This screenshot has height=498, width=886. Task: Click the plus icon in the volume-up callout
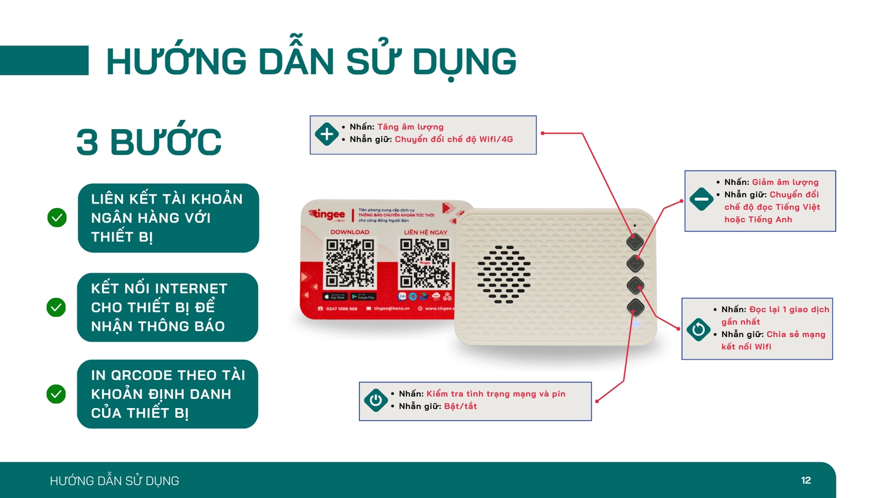coord(326,134)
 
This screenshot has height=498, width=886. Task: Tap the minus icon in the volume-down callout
coord(701,199)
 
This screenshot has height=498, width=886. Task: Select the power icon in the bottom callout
coord(376,400)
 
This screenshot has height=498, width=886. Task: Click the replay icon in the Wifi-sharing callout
coord(698,330)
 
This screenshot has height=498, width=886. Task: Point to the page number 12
coord(806,480)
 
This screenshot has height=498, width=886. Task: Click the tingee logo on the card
coord(327,214)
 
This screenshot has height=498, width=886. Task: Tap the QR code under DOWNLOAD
coord(350,263)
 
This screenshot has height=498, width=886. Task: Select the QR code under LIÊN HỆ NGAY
coord(425,263)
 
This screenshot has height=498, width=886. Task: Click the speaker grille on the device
coord(504,274)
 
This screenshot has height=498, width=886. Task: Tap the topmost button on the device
coord(635,242)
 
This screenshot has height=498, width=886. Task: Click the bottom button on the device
coord(636,307)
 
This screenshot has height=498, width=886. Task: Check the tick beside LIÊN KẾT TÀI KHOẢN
coord(57,218)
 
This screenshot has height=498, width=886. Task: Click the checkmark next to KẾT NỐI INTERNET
coord(56,307)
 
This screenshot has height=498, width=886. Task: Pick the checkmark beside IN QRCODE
coord(56,394)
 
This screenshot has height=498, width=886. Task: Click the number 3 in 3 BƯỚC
coord(87,142)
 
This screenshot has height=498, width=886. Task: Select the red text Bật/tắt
coord(460,406)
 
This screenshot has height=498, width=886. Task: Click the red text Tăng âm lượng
coord(410,127)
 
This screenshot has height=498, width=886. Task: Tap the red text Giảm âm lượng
coord(785,182)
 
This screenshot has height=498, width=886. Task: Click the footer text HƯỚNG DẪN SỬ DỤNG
coord(114,481)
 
